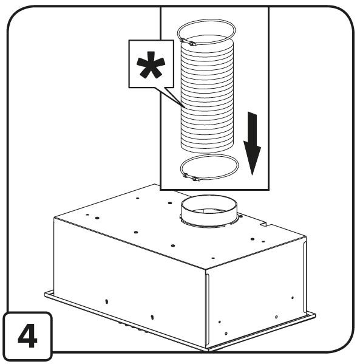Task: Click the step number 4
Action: pyautogui.click(x=27, y=335)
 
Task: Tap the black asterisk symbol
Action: pyautogui.click(x=151, y=65)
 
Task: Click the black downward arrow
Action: pyautogui.click(x=252, y=143)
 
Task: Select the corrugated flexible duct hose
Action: pyautogui.click(x=207, y=94)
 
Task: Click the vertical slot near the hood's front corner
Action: pyautogui.click(x=207, y=311)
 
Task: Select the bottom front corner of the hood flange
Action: pyautogui.click(x=207, y=350)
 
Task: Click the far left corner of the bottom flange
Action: pyautogui.click(x=45, y=294)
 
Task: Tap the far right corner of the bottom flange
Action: pyautogui.click(x=315, y=315)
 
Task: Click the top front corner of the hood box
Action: pyautogui.click(x=206, y=270)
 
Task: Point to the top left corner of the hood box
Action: pyautogui.click(x=54, y=218)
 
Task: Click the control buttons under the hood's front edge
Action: pyautogui.click(x=132, y=327)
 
